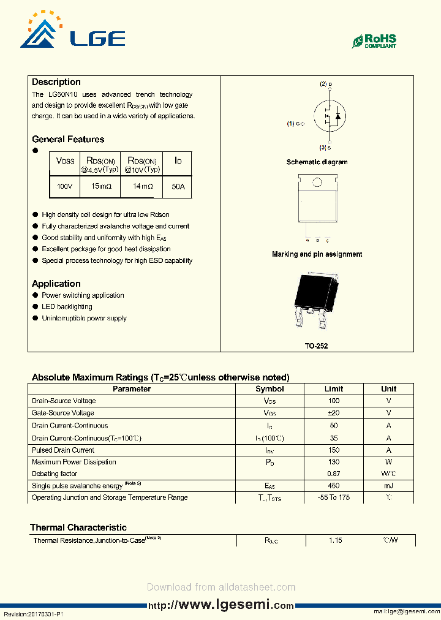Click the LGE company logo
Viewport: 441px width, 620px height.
(x=72, y=31)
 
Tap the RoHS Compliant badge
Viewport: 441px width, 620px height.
(x=374, y=41)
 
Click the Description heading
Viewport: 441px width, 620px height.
(x=56, y=82)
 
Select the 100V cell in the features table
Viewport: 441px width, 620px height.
(x=64, y=186)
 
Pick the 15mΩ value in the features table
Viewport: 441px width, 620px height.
(x=100, y=186)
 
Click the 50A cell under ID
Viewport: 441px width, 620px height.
(x=178, y=186)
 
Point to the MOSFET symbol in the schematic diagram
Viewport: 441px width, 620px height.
(x=329, y=115)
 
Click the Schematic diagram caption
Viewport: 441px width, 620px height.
(x=317, y=162)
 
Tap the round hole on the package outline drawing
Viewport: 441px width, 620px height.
(x=317, y=182)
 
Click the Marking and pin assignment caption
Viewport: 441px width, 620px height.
(x=317, y=254)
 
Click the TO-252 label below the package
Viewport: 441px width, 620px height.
(x=317, y=346)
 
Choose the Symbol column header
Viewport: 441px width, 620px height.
(x=269, y=389)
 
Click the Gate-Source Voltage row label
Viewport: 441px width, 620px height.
(x=63, y=413)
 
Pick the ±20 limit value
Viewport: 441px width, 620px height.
(x=334, y=413)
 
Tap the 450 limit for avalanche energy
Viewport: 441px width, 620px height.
(x=334, y=485)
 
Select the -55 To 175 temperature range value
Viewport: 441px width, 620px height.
(x=334, y=497)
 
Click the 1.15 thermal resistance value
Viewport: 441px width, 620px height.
(x=334, y=540)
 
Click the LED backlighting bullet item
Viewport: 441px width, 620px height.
(x=67, y=307)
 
